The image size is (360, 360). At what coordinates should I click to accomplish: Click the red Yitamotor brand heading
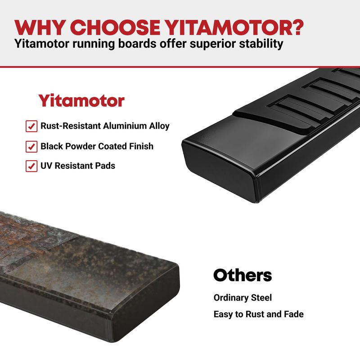point(81,100)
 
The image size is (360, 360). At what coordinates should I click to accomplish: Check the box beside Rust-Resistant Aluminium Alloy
point(31,126)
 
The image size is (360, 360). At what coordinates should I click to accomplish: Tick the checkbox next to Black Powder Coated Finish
point(31,147)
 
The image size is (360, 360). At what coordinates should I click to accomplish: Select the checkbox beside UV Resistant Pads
point(31,166)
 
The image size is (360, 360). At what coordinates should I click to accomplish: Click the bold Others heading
point(243,275)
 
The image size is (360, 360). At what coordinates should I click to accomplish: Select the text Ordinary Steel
point(243,298)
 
